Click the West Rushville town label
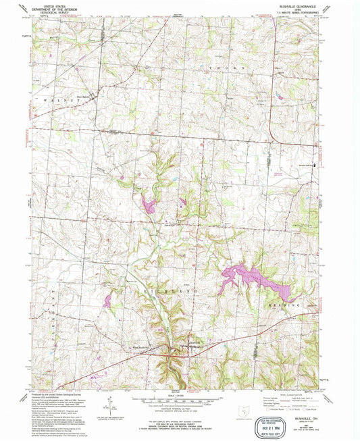pos(139,348)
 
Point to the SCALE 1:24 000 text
pos(178,394)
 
